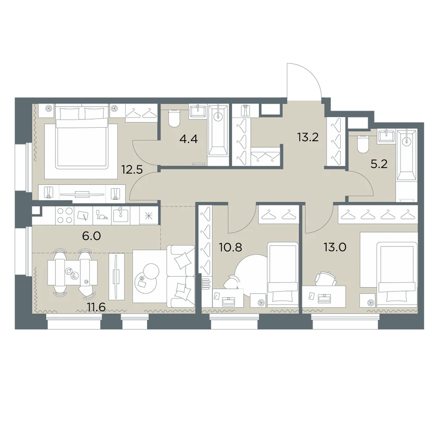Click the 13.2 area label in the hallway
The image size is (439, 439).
[x=308, y=137]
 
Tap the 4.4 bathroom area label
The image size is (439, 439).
[x=189, y=139]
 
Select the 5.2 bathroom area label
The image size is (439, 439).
[x=379, y=164]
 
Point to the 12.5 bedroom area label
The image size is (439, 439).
[x=132, y=169]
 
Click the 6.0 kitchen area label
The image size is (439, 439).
[x=91, y=236]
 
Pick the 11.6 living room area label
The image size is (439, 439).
[x=96, y=307]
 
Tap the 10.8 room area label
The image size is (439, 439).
[x=231, y=247]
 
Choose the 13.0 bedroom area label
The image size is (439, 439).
[x=335, y=247]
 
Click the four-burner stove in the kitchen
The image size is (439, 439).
[x=65, y=216]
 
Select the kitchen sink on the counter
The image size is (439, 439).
[x=121, y=215]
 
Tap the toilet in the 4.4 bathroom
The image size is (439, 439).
[x=173, y=119]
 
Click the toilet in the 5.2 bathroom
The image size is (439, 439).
[x=363, y=144]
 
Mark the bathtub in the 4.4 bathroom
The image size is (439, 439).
[x=218, y=130]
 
